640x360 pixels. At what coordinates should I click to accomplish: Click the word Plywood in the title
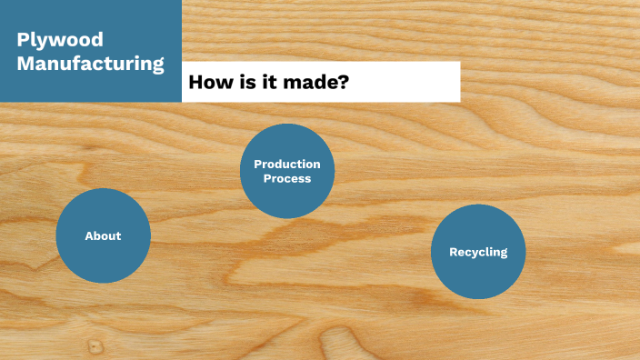click(x=60, y=40)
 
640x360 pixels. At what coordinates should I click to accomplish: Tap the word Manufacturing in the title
click(x=90, y=65)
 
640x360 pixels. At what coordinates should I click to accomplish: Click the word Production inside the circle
click(x=287, y=165)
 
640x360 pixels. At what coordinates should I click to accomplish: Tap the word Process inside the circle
click(x=287, y=179)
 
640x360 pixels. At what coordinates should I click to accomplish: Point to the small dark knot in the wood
click(x=95, y=346)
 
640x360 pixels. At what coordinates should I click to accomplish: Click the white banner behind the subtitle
click(x=409, y=82)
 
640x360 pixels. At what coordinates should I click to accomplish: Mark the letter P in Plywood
click(x=23, y=40)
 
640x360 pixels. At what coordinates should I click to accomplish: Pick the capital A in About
click(x=89, y=236)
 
